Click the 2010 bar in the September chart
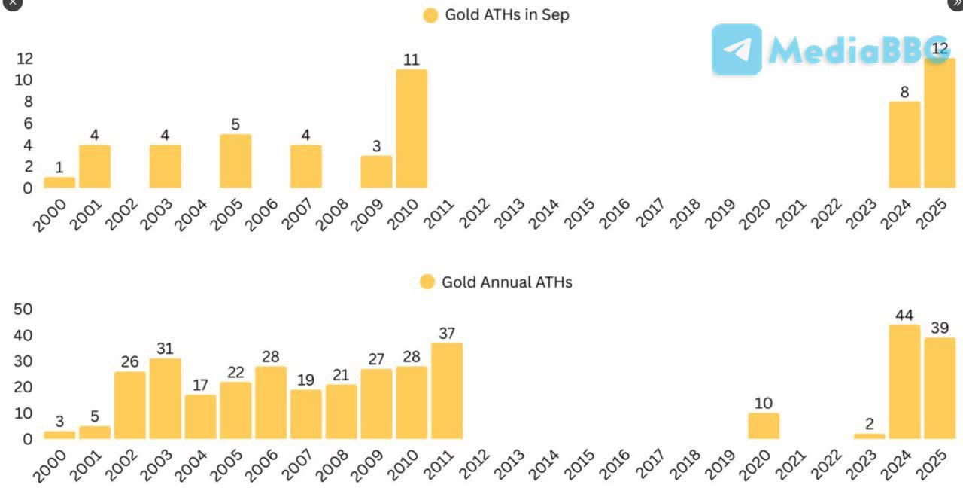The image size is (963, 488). click(412, 128)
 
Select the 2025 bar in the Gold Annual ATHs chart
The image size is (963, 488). click(940, 388)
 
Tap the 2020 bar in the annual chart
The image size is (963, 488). click(764, 425)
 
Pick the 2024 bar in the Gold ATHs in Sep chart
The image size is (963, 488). click(904, 145)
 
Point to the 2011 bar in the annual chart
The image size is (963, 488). click(447, 391)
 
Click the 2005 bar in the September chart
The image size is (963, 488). click(235, 160)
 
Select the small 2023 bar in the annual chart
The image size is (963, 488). click(869, 436)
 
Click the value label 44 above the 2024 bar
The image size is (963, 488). click(904, 315)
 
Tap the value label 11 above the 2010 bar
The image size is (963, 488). click(411, 59)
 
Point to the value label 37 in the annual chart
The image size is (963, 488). click(447, 333)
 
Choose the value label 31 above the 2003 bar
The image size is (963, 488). click(166, 349)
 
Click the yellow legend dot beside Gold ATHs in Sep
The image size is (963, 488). click(430, 15)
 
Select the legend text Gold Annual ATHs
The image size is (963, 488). click(506, 282)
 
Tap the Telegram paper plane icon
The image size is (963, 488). click(737, 50)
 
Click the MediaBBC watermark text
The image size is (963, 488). click(858, 50)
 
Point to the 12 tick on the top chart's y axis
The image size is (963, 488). click(25, 58)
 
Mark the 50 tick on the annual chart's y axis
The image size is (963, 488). click(23, 309)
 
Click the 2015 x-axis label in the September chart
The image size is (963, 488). click(580, 214)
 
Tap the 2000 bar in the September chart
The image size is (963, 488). click(59, 182)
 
